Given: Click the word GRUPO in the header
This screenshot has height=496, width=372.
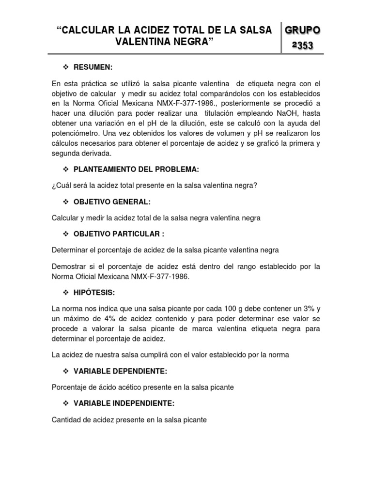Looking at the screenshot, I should [x=302, y=30].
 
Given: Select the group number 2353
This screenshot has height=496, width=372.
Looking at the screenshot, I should [x=302, y=46].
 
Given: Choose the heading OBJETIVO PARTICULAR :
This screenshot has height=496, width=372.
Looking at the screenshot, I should [x=119, y=234].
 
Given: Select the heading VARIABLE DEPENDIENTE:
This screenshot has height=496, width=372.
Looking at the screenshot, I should [x=120, y=372].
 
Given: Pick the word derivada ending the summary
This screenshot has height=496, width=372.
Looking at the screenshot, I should [x=96, y=153].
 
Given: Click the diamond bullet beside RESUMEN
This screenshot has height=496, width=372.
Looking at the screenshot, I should [x=66, y=66].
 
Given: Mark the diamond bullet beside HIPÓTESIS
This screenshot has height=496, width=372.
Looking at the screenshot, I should [x=66, y=293].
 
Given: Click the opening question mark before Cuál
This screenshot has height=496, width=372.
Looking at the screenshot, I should [x=54, y=186].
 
